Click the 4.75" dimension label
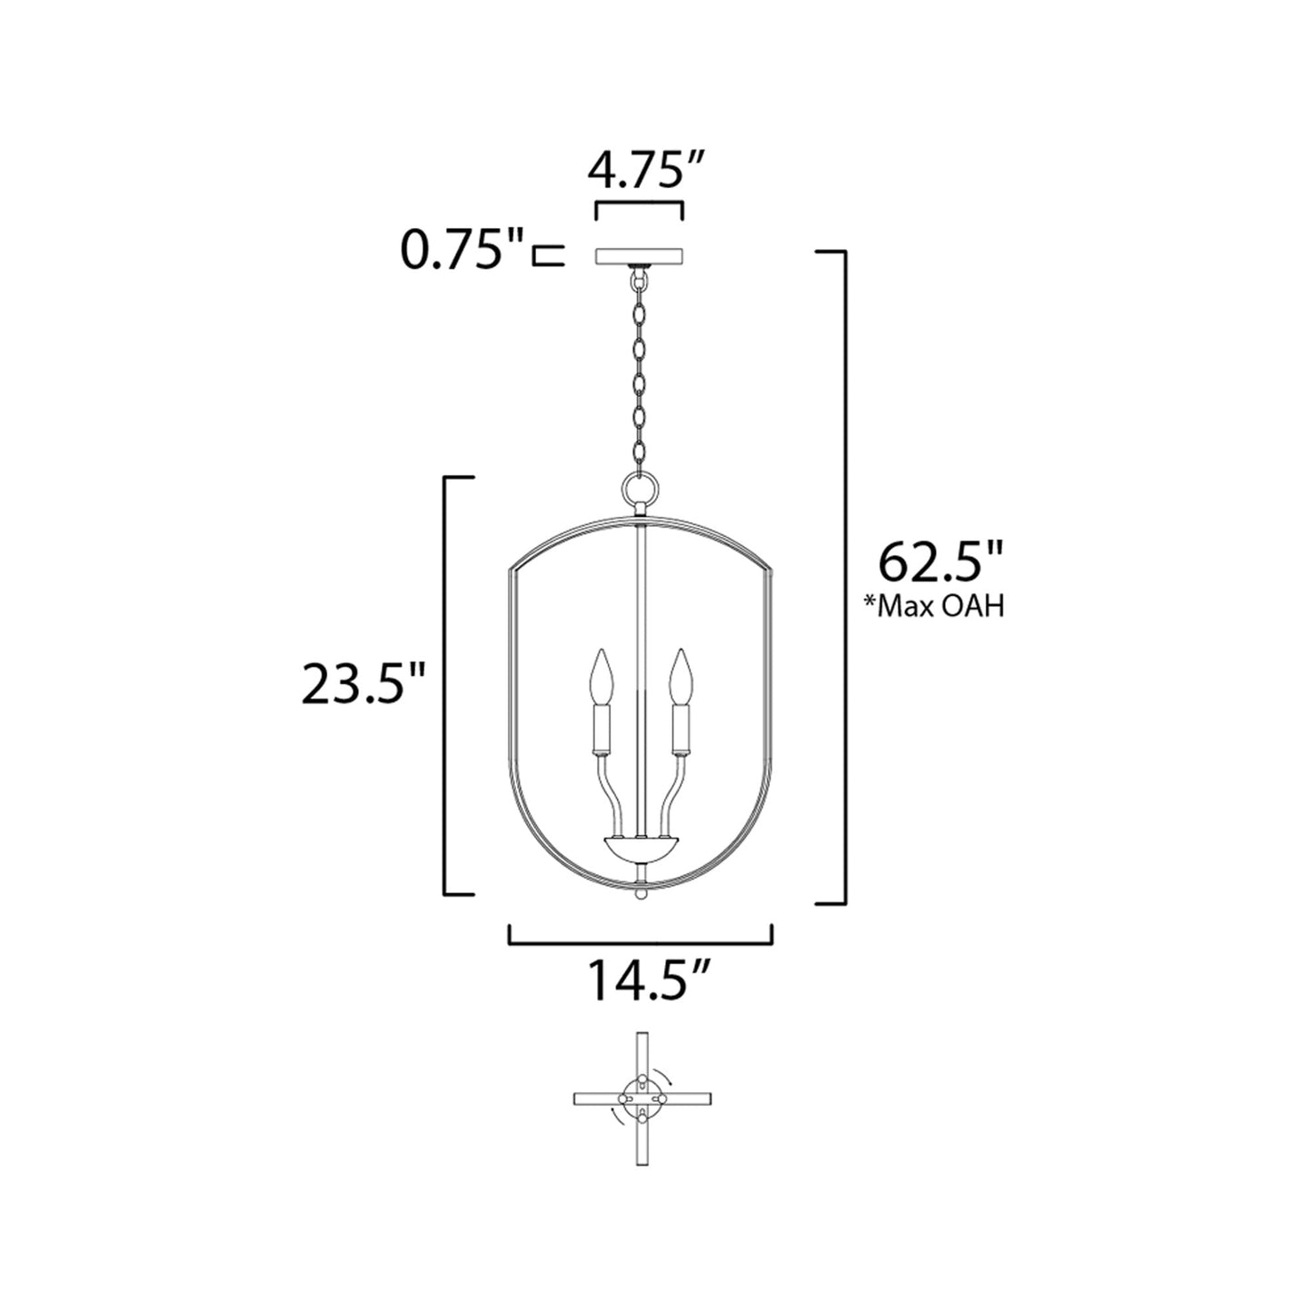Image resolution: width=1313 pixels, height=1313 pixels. (638, 170)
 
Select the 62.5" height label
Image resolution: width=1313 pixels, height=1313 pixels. (941, 564)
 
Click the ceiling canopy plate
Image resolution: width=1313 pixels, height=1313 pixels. (639, 256)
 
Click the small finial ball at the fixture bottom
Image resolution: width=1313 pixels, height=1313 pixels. (640, 895)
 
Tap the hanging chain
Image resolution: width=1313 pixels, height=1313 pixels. (640, 363)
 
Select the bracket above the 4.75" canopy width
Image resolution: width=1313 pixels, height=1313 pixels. (639, 207)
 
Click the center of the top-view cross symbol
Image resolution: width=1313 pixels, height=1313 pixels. (642, 1099)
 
